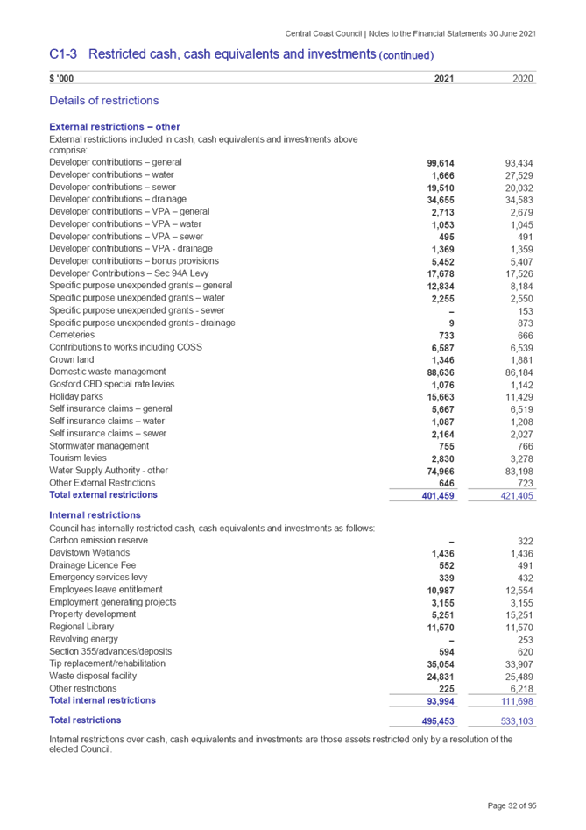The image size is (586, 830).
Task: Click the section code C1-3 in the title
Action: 63,54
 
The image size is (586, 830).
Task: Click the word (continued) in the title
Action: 406,56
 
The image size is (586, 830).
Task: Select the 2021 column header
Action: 443,79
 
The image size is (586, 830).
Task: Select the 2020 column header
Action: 524,79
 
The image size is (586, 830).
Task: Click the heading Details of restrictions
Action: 104,100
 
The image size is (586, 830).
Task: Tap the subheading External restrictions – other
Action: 115,127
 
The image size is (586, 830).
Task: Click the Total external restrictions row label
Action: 104,495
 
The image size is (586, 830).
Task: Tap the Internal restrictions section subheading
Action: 95,515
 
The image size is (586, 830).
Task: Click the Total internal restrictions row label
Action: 103,700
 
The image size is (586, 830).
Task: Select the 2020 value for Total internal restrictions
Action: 519,701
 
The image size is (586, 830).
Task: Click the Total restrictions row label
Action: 85,720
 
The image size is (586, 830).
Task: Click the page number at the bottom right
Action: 512,805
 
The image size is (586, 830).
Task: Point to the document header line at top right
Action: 411,33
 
